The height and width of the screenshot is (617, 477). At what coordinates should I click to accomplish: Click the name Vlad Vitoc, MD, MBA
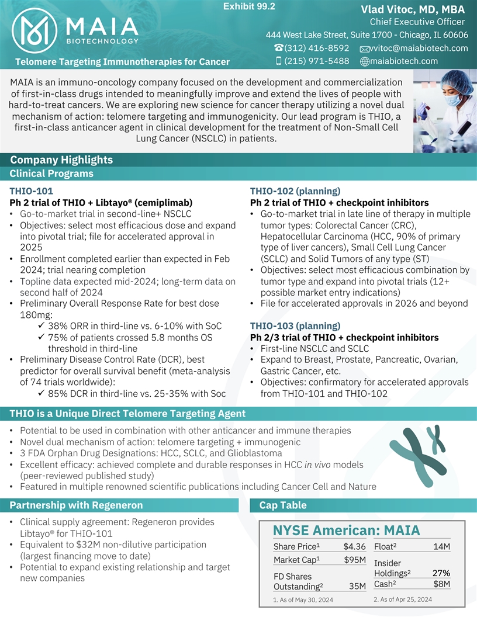(413, 9)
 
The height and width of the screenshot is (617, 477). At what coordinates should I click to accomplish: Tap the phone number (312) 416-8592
(316, 48)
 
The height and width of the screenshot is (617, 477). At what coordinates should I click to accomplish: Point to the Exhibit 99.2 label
(250, 6)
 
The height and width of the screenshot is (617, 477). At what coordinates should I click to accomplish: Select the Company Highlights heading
(61, 160)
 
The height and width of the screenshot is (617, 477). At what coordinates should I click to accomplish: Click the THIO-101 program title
(32, 190)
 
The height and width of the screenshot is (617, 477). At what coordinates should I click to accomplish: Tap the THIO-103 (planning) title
(295, 326)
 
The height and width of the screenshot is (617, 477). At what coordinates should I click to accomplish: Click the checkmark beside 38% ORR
(42, 325)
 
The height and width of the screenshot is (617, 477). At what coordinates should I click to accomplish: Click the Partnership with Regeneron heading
(76, 505)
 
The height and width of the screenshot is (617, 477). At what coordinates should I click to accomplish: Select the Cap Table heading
(282, 505)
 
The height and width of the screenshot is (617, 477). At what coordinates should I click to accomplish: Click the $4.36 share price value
(354, 547)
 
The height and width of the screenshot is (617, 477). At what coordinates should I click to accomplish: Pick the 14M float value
(441, 547)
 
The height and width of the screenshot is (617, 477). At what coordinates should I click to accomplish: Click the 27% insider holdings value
(441, 573)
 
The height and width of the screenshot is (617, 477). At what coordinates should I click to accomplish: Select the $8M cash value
(441, 584)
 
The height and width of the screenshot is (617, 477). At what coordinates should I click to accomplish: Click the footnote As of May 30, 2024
(303, 600)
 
